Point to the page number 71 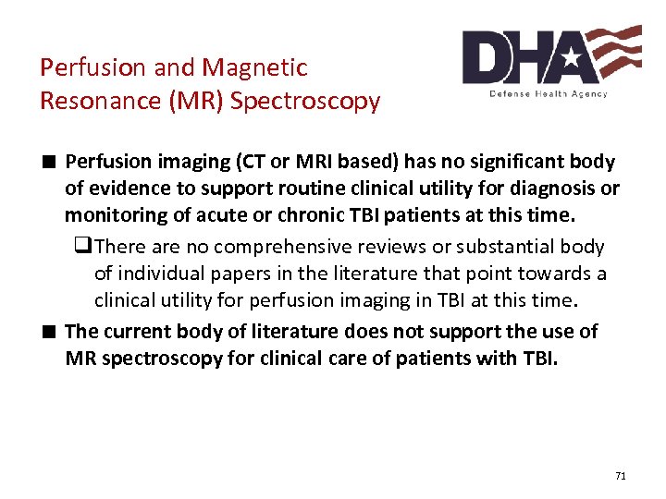[x=620, y=476]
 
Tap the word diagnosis [x=548, y=189]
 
